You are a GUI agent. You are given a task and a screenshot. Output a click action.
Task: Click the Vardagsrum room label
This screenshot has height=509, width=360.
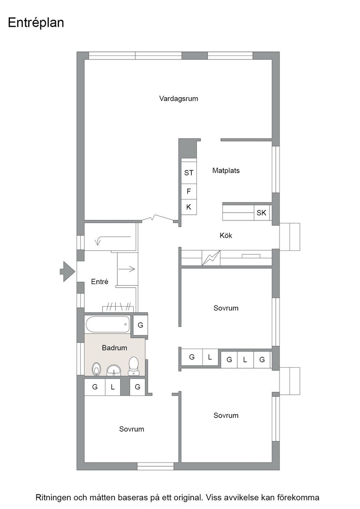pyautogui.click(x=179, y=98)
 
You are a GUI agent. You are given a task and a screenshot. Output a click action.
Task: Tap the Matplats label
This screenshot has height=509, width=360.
pyautogui.click(x=226, y=170)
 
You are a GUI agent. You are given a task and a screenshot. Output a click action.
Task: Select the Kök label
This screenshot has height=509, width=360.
pyautogui.click(x=226, y=235)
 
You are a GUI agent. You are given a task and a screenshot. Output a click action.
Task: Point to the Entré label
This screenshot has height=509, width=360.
pyautogui.click(x=100, y=281)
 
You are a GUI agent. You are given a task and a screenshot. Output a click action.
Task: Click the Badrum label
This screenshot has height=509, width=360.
pyautogui.click(x=114, y=348)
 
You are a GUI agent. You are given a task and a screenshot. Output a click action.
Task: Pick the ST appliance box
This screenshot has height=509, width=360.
pyautogui.click(x=189, y=173)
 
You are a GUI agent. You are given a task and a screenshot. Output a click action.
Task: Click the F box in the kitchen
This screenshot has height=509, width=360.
pyautogui.click(x=189, y=191)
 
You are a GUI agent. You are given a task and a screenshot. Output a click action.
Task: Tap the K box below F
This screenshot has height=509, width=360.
pyautogui.click(x=189, y=207)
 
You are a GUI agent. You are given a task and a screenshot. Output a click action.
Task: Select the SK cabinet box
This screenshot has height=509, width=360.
pyautogui.click(x=261, y=213)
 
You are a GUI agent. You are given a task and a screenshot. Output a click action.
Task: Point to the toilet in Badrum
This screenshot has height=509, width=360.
pyautogui.click(x=134, y=366)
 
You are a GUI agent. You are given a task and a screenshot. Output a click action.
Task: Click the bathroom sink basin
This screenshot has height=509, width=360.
pyautogui.click(x=114, y=370)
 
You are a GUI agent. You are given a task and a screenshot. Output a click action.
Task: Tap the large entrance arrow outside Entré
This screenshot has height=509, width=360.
pyautogui.click(x=68, y=271)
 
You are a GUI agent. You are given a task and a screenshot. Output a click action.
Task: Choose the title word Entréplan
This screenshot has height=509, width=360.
pyautogui.click(x=36, y=23)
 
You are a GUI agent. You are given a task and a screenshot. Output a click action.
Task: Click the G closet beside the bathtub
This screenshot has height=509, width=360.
pyautogui.click(x=140, y=324)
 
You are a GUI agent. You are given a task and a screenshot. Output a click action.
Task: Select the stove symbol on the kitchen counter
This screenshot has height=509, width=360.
pyautogui.click(x=211, y=258)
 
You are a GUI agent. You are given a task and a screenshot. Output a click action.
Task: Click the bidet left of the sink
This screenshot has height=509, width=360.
pyautogui.click(x=96, y=369)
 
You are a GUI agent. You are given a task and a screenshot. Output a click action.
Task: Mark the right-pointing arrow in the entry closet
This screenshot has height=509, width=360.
pyautogui.click(x=127, y=269)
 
